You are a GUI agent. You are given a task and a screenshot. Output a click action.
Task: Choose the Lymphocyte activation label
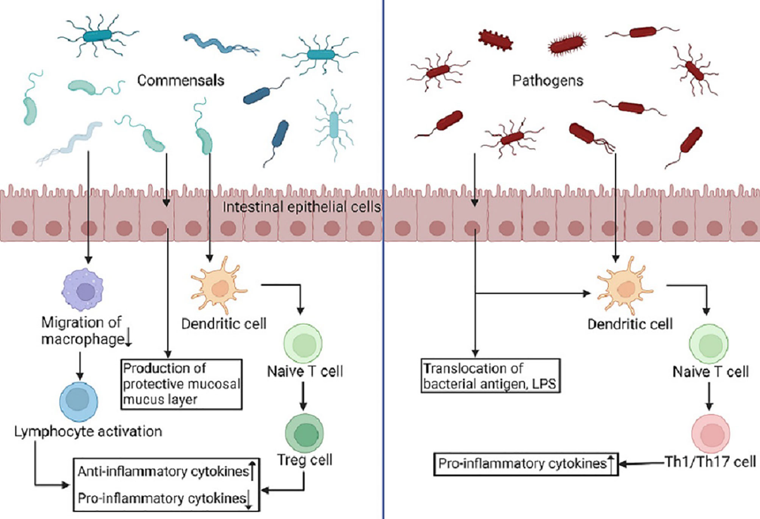(x=86, y=432)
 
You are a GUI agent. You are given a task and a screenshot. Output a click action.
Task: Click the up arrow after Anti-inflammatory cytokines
(x=252, y=470)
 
